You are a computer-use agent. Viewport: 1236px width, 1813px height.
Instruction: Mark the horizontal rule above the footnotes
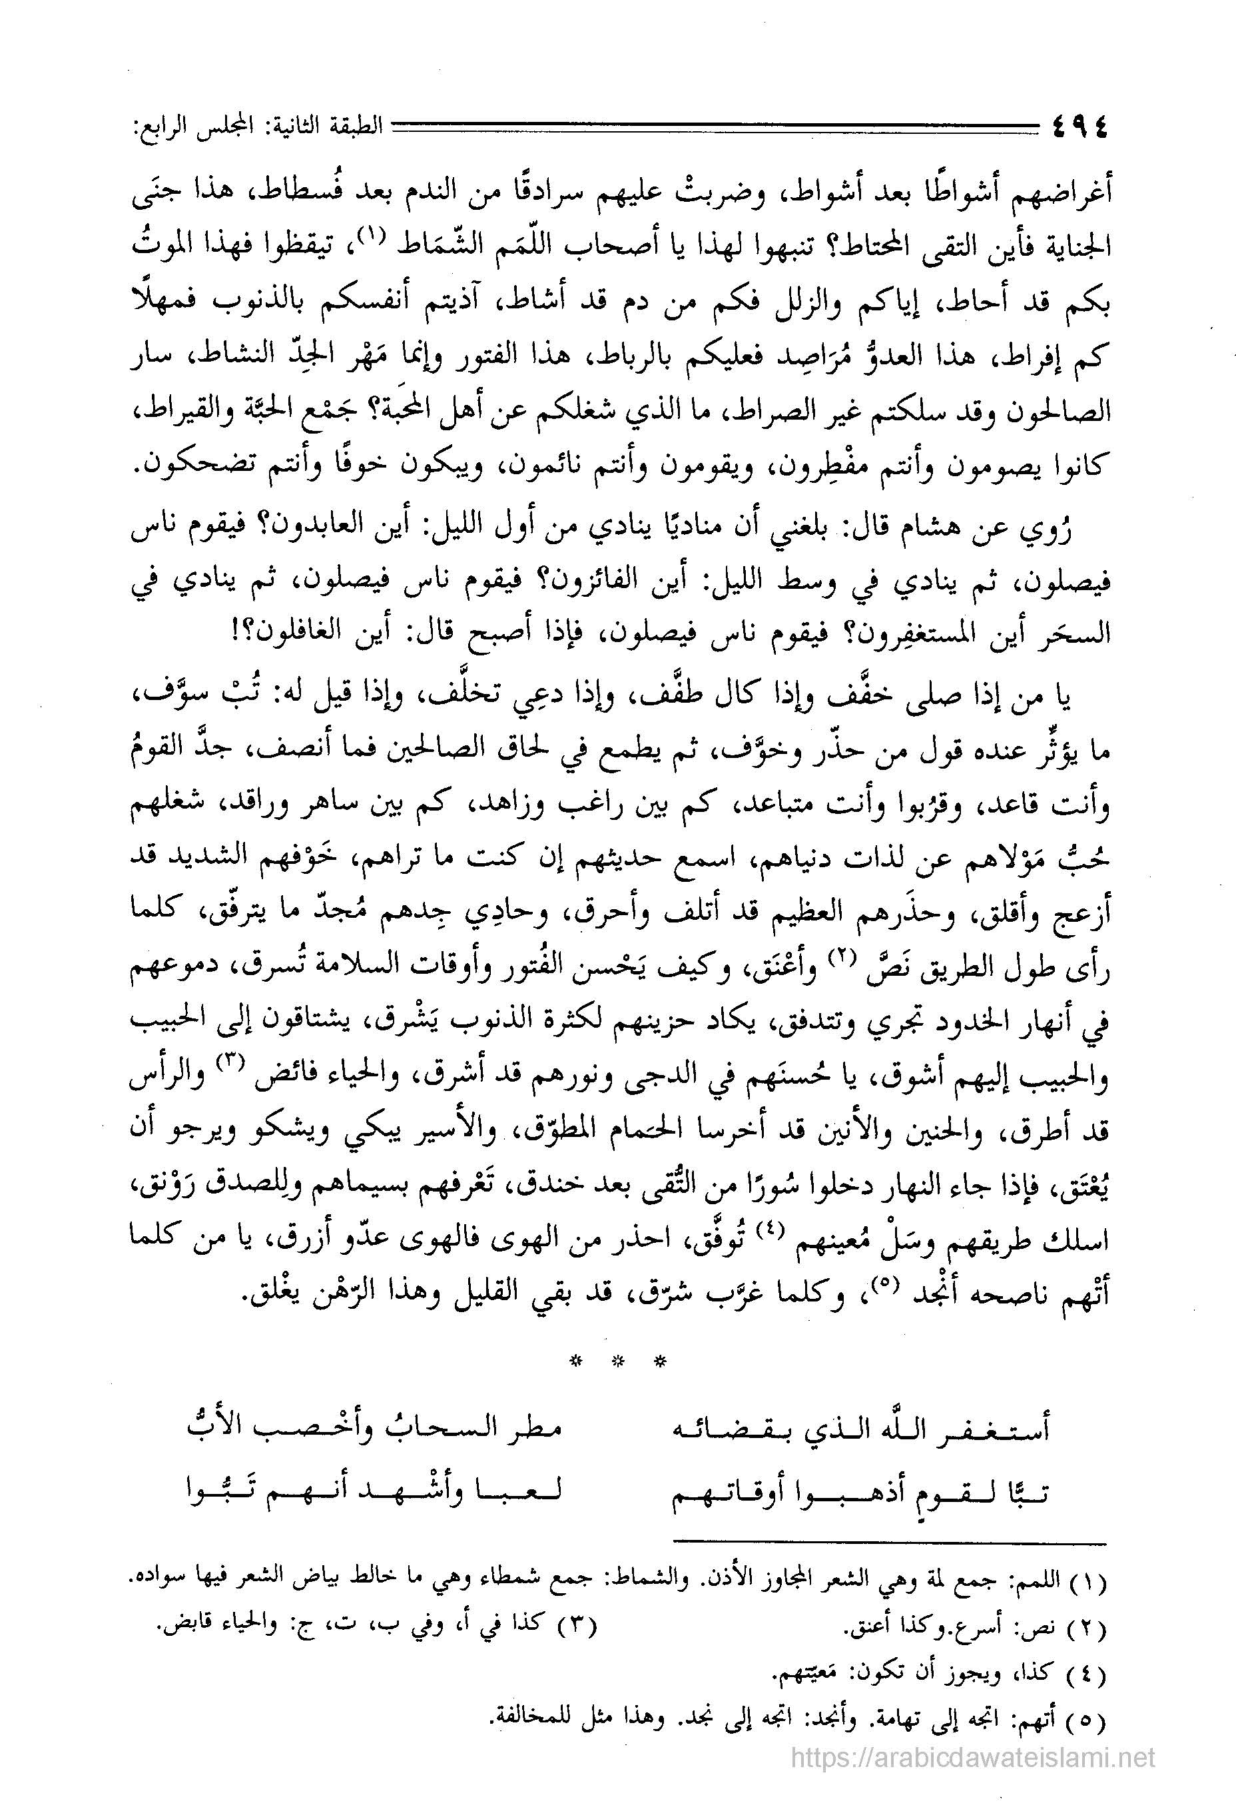[889, 1544]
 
